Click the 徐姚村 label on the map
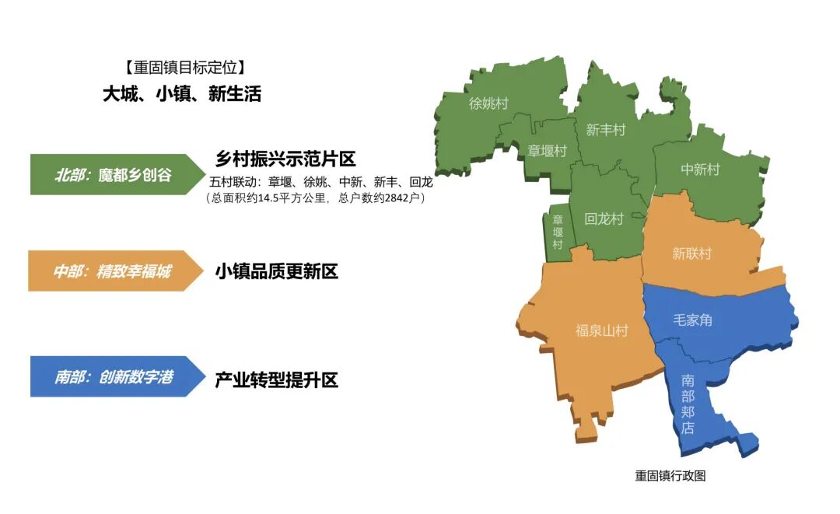(x=488, y=103)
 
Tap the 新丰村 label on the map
(x=605, y=130)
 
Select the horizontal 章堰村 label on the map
(x=547, y=151)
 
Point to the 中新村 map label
(x=700, y=170)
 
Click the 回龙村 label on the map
(x=604, y=219)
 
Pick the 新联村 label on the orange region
(x=691, y=254)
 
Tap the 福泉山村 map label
(x=601, y=331)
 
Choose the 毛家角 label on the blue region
(x=692, y=319)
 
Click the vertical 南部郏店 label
(x=688, y=404)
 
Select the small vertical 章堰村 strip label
(x=558, y=232)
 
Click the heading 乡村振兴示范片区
(x=285, y=159)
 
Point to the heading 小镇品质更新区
(x=276, y=272)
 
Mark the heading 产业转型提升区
(x=276, y=380)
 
